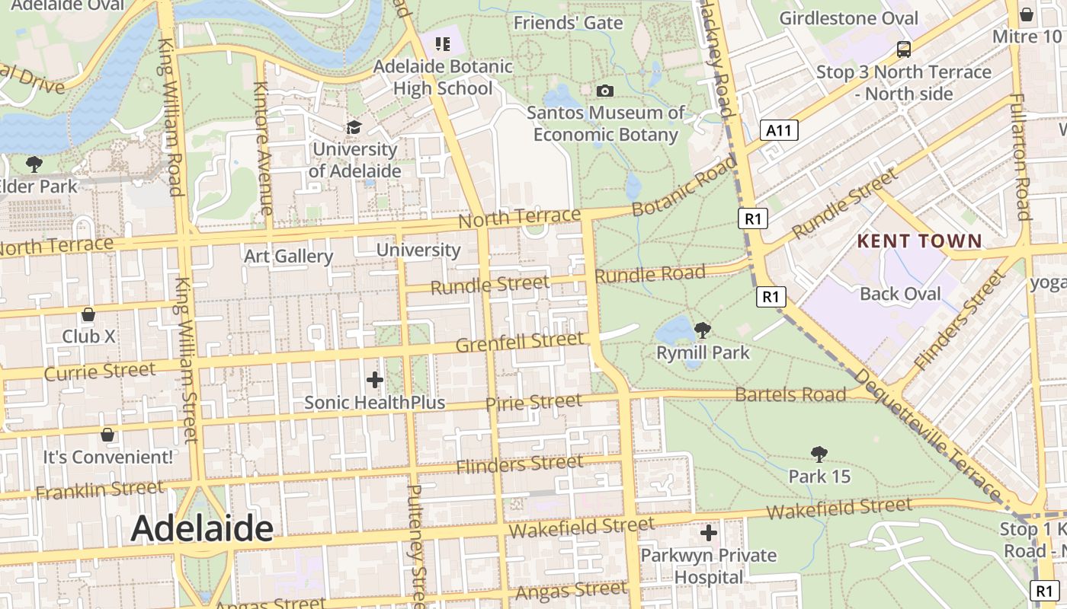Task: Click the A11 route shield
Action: (x=779, y=130)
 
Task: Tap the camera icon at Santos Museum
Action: (x=605, y=91)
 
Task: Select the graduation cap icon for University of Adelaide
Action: (x=354, y=126)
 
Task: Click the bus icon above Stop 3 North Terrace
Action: (x=904, y=49)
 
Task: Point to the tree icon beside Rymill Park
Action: (x=703, y=330)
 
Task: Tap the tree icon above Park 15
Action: (x=819, y=454)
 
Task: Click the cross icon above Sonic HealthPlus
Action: (x=374, y=379)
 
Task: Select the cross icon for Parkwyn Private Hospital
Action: (x=709, y=533)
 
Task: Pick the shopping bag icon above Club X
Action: (x=88, y=314)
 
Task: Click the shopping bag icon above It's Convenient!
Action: (x=107, y=435)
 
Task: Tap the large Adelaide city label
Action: (x=202, y=528)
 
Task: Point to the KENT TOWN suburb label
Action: (x=920, y=241)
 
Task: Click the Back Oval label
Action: (x=900, y=294)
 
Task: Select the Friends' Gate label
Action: (x=568, y=23)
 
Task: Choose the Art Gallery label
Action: (x=288, y=257)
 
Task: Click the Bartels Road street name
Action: (x=790, y=394)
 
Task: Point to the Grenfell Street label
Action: (x=519, y=343)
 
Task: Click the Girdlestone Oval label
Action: (x=849, y=18)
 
